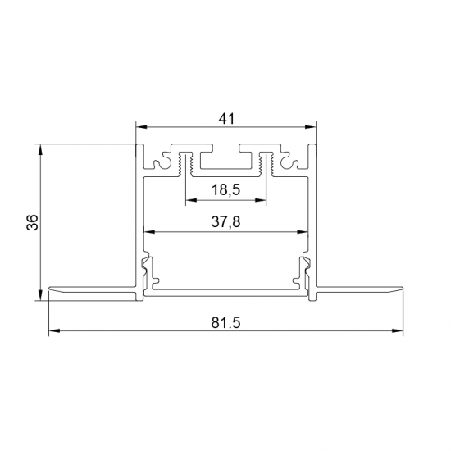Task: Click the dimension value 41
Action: point(226,118)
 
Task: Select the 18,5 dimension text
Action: point(225,190)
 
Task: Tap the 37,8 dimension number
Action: point(225,221)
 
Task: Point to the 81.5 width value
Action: point(226,323)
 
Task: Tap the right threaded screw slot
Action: point(266,162)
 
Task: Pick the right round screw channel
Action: point(291,163)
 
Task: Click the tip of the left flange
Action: point(50,288)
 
